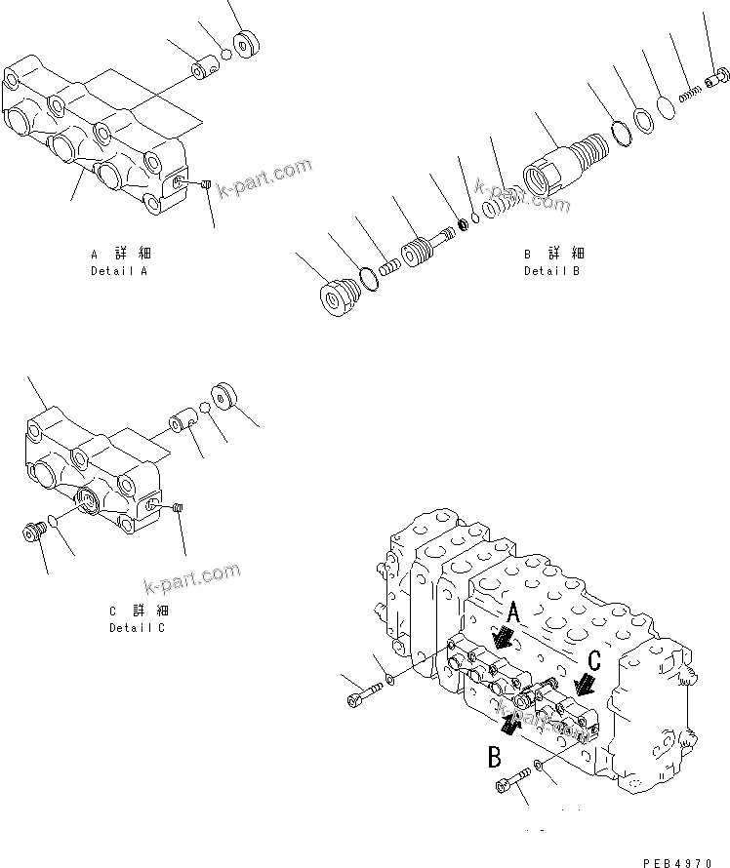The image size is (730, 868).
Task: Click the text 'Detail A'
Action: click(x=119, y=270)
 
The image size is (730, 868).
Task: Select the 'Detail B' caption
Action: click(x=551, y=270)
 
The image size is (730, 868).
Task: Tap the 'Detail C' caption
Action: click(x=137, y=627)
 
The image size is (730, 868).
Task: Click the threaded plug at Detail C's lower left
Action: click(x=34, y=533)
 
